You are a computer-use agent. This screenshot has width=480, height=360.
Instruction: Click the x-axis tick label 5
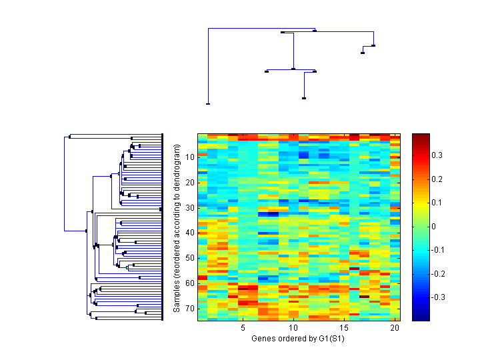click(x=243, y=328)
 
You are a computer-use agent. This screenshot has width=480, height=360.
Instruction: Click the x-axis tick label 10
click(x=293, y=328)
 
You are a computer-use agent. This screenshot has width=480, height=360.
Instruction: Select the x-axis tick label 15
click(x=344, y=328)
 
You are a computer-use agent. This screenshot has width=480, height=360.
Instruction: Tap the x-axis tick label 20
click(x=395, y=328)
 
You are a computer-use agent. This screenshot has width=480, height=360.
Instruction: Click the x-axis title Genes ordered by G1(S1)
click(x=299, y=339)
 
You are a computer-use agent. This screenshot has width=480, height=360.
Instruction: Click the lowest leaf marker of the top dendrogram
click(x=208, y=104)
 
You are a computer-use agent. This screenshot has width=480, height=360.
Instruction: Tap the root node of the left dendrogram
click(x=65, y=231)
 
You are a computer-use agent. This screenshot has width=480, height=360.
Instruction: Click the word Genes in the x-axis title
click(x=263, y=339)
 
